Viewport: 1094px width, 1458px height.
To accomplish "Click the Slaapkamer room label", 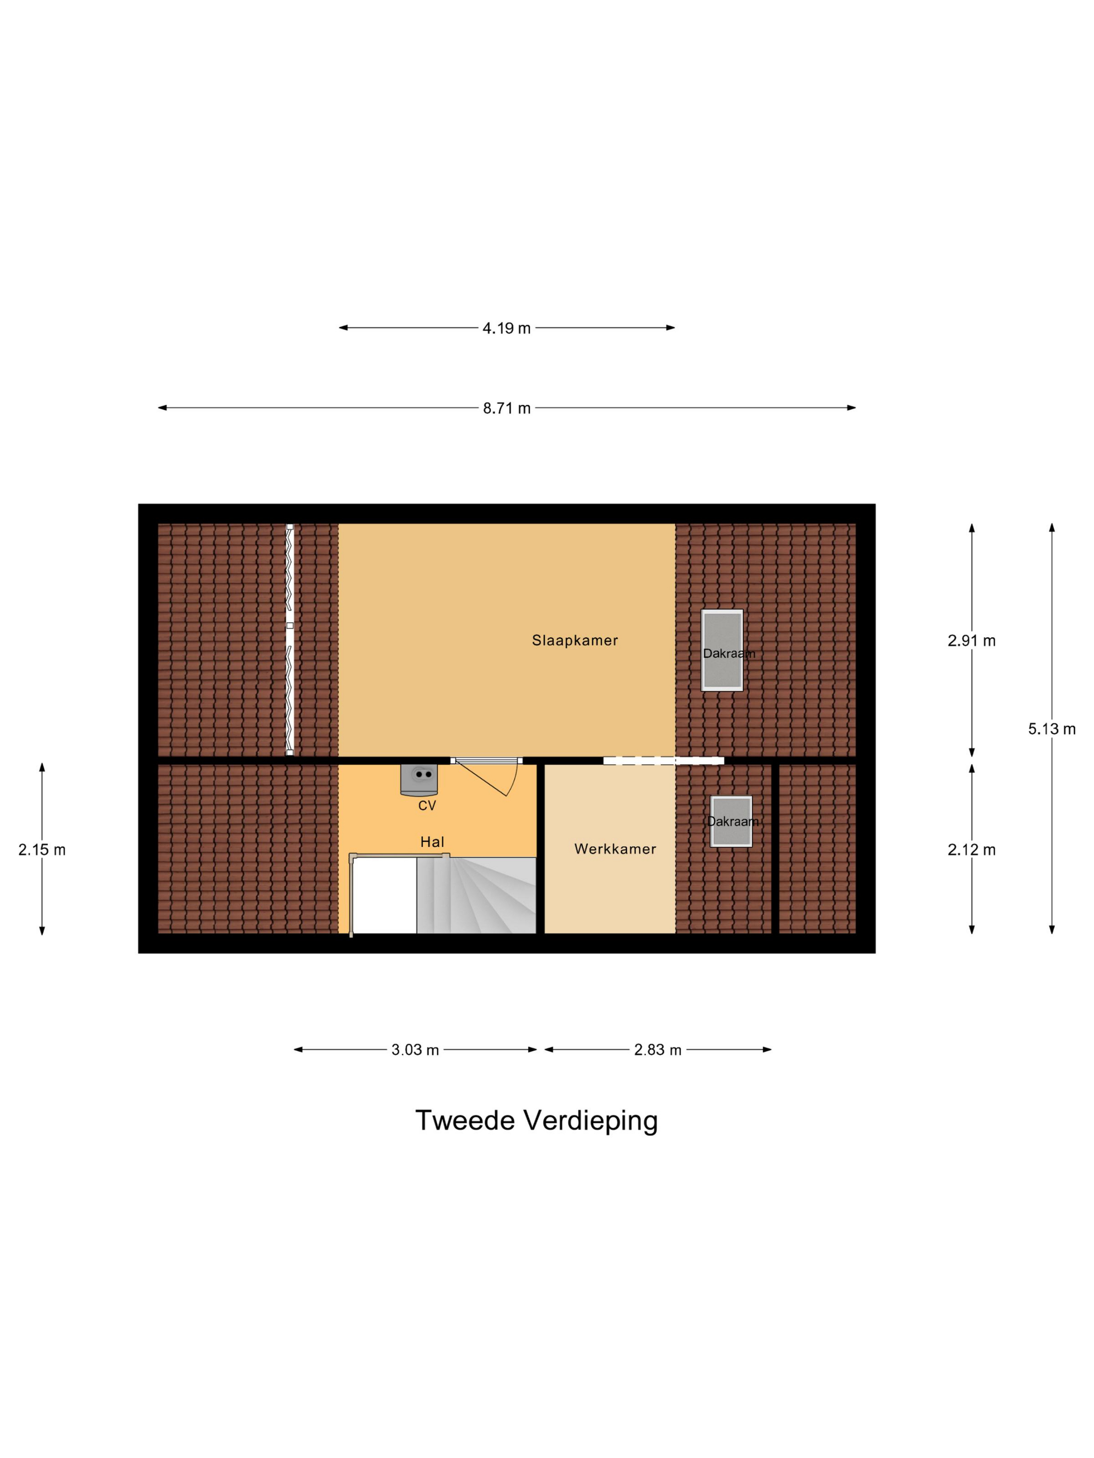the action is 575,640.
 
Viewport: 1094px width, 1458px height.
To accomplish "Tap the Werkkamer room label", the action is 615,849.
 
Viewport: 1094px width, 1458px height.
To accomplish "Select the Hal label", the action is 432,841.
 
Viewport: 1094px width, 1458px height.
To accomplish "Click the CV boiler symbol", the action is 419,778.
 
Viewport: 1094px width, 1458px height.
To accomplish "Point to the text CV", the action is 427,806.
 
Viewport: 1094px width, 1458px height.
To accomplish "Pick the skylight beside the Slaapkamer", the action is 722,650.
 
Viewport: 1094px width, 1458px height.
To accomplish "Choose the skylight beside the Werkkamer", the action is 731,821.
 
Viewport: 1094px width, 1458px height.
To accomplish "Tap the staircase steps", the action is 476,895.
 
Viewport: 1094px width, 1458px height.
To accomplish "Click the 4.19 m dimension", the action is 506,328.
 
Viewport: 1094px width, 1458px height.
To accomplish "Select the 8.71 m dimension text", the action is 506,408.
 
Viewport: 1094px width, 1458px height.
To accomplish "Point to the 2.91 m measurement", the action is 972,640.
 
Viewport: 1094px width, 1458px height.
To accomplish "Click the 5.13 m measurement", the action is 1052,728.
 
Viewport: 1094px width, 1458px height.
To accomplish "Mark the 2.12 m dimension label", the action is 972,850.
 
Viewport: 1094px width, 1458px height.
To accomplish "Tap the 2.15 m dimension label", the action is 42,850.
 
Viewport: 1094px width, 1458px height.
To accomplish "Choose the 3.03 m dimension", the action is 415,1050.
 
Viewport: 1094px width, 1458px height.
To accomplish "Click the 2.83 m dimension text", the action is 657,1050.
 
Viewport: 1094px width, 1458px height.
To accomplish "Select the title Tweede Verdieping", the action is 537,1120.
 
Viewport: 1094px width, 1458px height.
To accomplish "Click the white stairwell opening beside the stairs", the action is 385,895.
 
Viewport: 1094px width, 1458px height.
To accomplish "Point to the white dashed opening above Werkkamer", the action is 663,761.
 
